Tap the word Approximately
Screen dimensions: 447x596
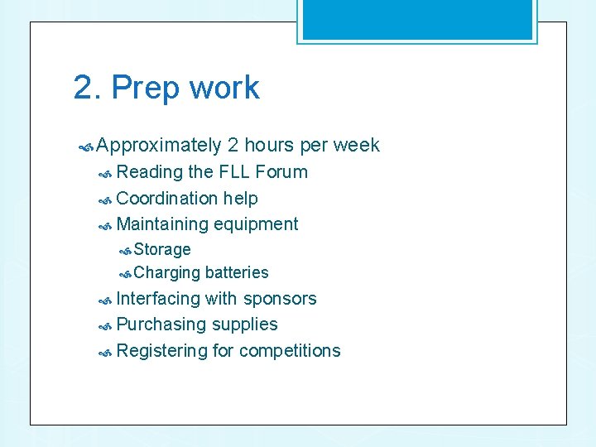159,146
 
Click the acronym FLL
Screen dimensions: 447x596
235,172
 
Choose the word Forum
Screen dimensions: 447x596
281,172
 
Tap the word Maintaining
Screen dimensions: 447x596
162,224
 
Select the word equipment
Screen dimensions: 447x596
256,224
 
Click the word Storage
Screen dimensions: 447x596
162,249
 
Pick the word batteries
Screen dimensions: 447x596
237,272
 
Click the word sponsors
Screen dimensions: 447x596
280,299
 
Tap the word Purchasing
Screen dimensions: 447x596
161,324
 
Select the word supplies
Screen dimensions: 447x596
245,324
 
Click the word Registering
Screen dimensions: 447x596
161,351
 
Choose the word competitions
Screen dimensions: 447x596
289,351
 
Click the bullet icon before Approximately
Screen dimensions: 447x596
85,147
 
